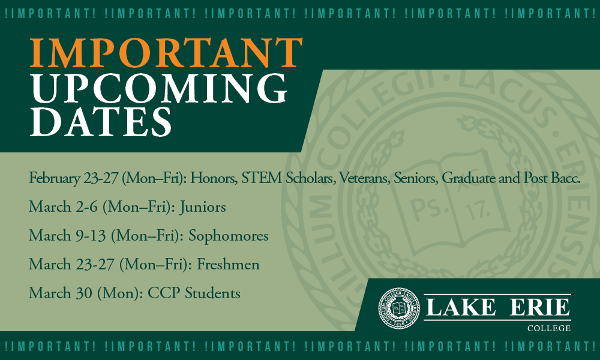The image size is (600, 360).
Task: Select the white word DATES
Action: tap(101, 122)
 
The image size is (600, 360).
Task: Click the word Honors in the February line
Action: tap(214, 178)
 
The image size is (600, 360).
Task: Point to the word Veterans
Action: tap(364, 178)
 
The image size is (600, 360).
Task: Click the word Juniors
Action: tap(203, 207)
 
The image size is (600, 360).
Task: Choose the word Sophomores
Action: tap(229, 236)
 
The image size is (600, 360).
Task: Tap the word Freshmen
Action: tap(228, 265)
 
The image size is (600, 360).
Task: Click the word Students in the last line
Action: tap(213, 293)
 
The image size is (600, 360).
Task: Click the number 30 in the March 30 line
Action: tap(84, 293)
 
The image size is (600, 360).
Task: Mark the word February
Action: tap(54, 178)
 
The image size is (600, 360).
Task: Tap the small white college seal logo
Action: tap(399, 308)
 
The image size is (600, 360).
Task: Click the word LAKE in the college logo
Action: tap(461, 307)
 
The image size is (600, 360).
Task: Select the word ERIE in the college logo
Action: tap(540, 307)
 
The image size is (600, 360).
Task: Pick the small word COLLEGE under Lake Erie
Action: tap(549, 328)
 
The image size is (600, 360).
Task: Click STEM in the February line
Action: tap(262, 178)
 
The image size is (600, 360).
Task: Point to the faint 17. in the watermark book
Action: tap(478, 211)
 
